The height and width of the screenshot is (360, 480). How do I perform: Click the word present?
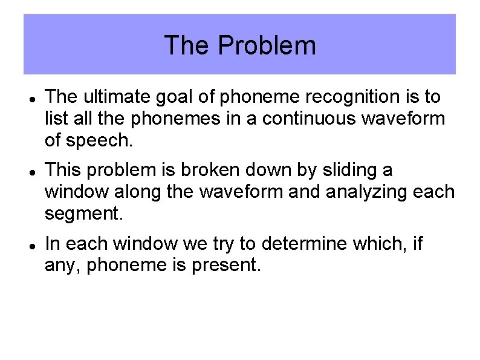(x=225, y=266)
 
